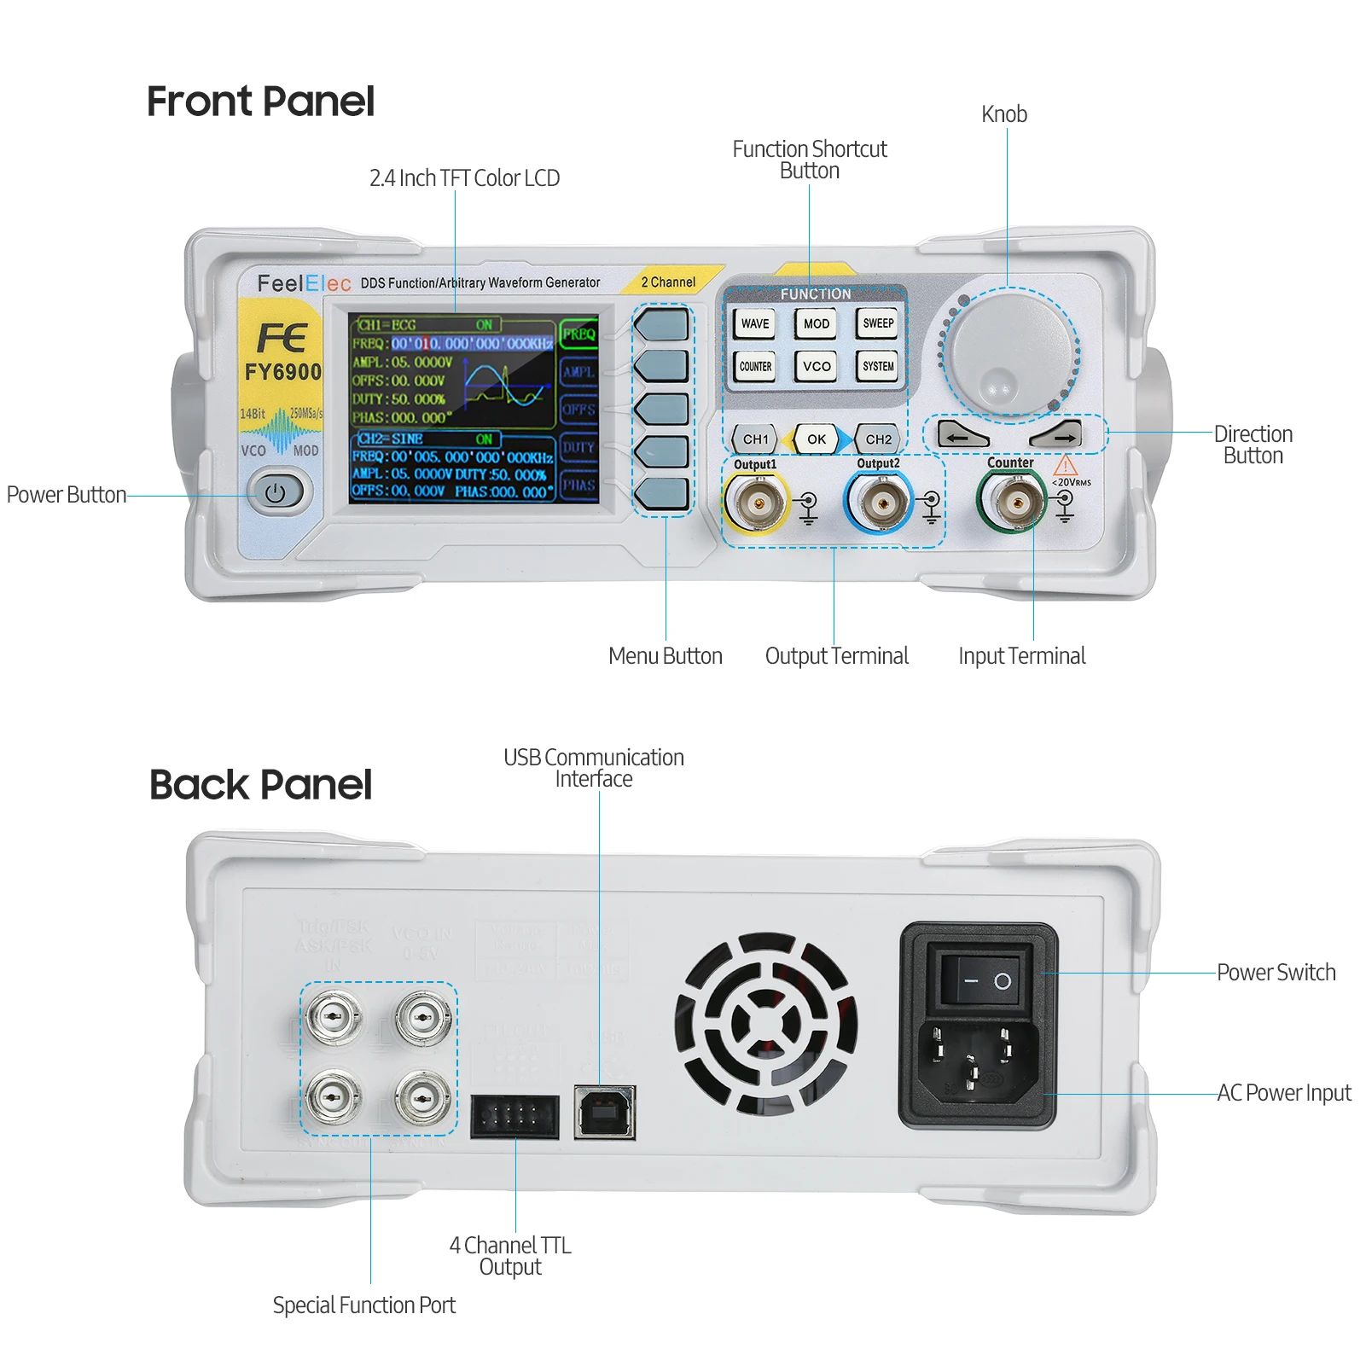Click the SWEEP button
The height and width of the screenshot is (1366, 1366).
coord(878,323)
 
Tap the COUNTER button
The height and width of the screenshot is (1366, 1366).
coord(755,367)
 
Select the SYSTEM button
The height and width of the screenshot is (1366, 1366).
coord(878,367)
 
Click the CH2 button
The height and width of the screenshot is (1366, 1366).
coord(878,439)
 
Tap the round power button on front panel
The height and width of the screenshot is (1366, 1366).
coord(275,492)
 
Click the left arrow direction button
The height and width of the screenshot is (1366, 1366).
coord(961,436)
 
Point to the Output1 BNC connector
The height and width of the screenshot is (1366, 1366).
coord(755,503)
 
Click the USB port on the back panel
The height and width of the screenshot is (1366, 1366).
coord(605,1112)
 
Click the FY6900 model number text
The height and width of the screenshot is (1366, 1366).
coord(282,372)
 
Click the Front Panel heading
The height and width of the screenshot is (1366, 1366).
coord(260,101)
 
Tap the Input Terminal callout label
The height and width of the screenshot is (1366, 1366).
coord(1021,656)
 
